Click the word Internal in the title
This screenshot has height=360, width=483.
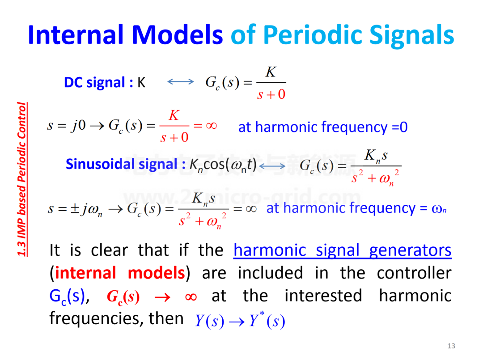tap(76, 35)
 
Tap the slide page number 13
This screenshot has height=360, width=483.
tap(451, 346)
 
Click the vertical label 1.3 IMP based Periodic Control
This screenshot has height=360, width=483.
tap(21, 179)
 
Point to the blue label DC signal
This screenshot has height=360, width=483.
tap(94, 83)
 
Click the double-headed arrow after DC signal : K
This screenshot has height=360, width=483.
tap(181, 81)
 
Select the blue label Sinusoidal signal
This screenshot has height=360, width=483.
tap(122, 164)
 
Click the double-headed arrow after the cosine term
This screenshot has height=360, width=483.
tap(272, 166)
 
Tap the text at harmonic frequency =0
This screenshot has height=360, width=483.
tap(323, 127)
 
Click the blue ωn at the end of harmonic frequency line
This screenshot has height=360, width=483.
tap(439, 209)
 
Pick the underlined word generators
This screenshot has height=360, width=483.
tap(410, 250)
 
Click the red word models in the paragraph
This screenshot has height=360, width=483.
tap(156, 273)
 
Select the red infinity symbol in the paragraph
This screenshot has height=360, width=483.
tap(191, 297)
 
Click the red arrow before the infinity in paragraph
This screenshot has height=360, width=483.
tap(162, 297)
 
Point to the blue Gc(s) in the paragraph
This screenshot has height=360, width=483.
tap(67, 296)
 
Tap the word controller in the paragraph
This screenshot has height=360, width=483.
tap(414, 273)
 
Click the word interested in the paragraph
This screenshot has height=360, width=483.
tap(323, 296)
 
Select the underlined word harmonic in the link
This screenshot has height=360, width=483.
tap(270, 250)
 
